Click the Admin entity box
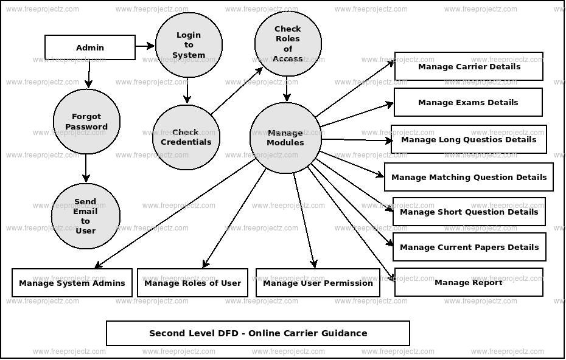90,47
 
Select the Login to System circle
189,45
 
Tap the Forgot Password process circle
86,122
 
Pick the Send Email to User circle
85,216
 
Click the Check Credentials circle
186,137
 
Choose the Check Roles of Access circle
288,44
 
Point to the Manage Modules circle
285,137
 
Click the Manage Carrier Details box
469,66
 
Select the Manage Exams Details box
468,102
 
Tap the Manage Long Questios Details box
469,139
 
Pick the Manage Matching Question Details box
469,177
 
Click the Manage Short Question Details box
469,212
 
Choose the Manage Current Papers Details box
469,247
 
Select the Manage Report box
469,282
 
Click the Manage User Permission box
318,283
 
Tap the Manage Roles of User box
192,283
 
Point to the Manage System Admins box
72,283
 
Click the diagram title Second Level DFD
258,333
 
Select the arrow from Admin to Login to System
145,46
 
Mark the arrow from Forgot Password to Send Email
86,168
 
